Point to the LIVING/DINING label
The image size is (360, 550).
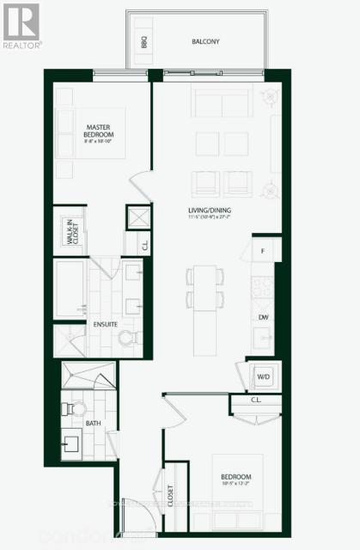coord(210,210)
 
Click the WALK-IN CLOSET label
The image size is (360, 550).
coord(70,231)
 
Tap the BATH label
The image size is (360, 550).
coord(93,424)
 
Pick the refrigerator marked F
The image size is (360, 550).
coord(263,251)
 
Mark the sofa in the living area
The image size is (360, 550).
coord(222,103)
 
